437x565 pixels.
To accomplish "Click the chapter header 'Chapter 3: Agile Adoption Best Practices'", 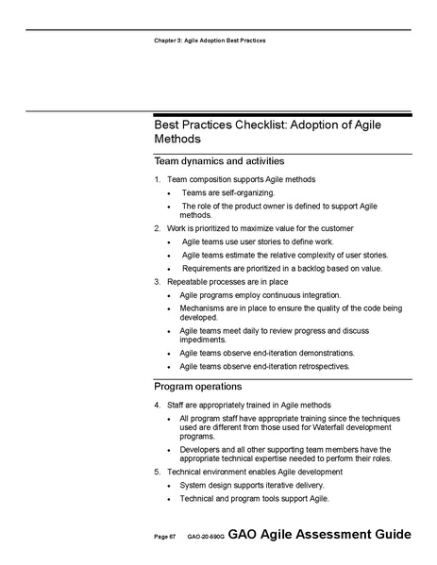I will tap(210, 42).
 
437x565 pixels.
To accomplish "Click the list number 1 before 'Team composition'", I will tap(157, 179).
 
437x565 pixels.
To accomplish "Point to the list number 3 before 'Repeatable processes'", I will tap(157, 281).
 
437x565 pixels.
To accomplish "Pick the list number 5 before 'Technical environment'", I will tap(157, 471).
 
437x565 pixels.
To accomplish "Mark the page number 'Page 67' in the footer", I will tap(166, 537).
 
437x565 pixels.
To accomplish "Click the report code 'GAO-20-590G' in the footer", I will tap(205, 537).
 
